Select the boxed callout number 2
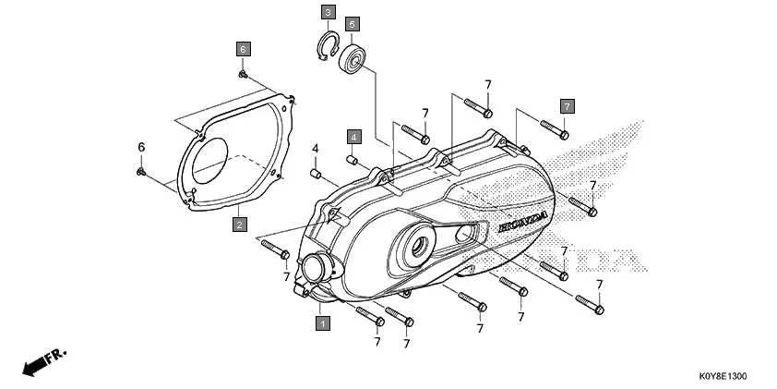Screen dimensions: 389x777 [x=239, y=225]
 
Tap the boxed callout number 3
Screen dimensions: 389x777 [x=328, y=12]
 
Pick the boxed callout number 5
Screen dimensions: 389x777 [x=353, y=23]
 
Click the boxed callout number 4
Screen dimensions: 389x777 [x=353, y=137]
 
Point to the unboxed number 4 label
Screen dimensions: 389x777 [x=315, y=149]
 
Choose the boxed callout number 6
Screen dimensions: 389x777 [x=243, y=47]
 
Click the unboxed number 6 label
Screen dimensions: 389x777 [x=141, y=148]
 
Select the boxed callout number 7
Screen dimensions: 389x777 [x=568, y=105]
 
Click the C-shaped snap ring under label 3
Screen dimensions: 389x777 [x=325, y=49]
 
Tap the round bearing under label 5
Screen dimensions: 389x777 [x=353, y=61]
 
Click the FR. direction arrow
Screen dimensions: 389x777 [x=42, y=361]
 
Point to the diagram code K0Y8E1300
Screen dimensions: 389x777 [x=722, y=377]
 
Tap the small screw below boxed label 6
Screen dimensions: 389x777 [x=242, y=73]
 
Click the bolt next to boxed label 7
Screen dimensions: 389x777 [x=554, y=128]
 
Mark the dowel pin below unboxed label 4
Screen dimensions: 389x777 [x=314, y=172]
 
